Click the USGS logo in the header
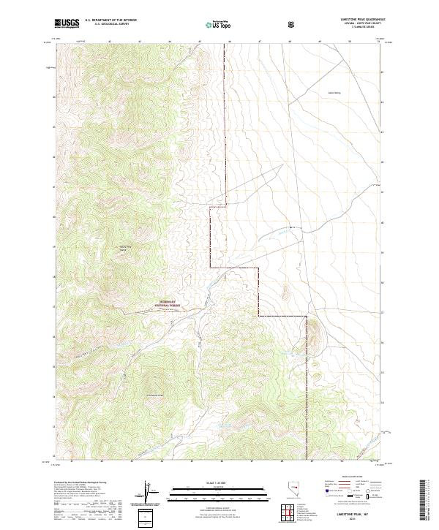(67, 23)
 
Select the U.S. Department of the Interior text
(110, 20)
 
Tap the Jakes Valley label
(335, 93)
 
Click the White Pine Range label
(125, 249)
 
